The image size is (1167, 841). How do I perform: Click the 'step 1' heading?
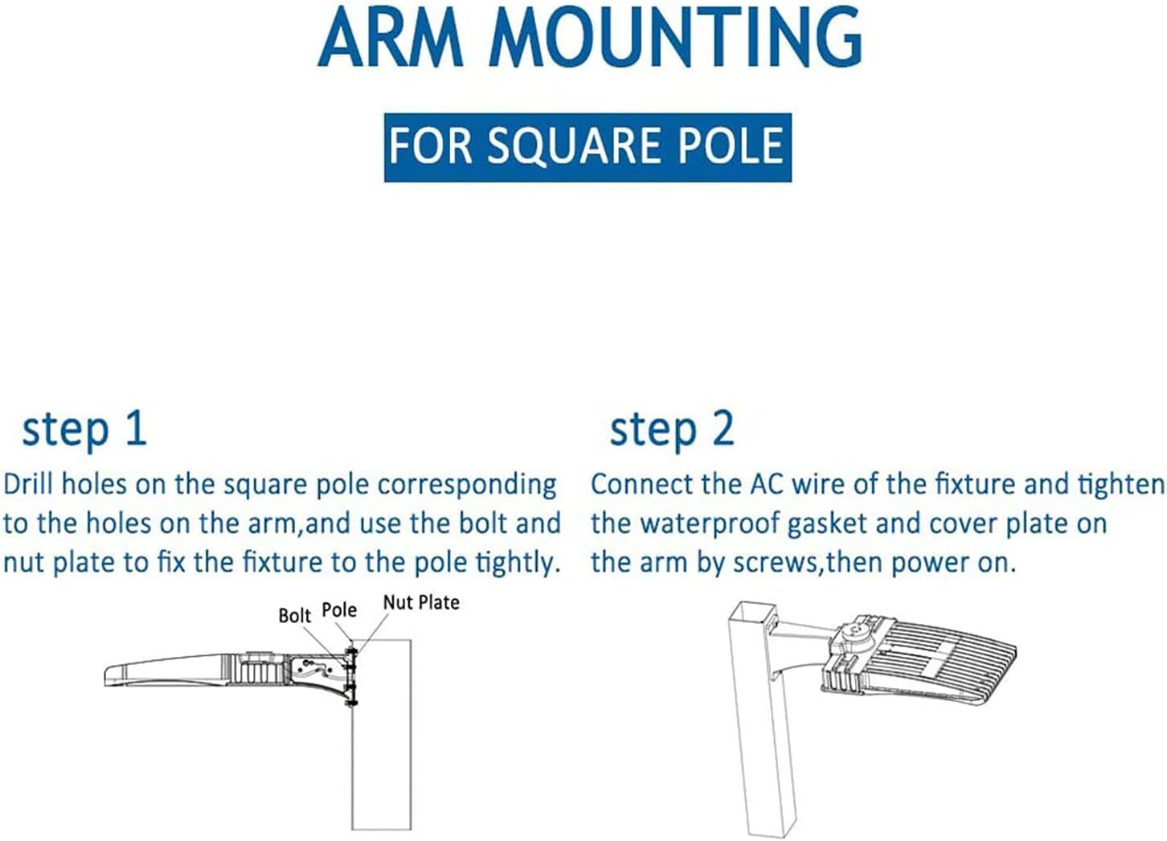tap(84, 430)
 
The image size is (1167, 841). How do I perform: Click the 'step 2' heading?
tap(672, 430)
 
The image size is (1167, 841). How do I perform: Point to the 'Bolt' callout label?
tap(294, 615)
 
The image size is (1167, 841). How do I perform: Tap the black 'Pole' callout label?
tap(339, 609)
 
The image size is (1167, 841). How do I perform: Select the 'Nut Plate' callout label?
tap(421, 602)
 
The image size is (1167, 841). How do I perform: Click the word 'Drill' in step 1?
tap(29, 485)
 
